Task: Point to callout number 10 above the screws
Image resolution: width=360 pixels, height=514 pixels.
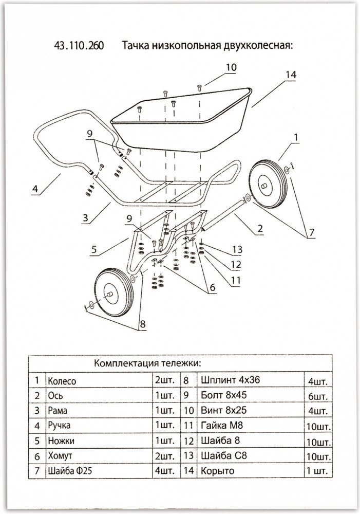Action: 232,67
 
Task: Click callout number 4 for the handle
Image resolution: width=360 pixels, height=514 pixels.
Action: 35,189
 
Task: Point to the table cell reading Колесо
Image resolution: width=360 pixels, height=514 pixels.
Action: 62,381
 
